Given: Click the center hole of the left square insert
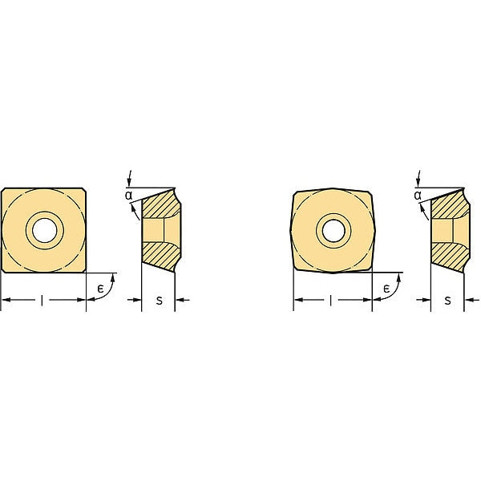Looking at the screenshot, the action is point(44,230).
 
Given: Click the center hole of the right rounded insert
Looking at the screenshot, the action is point(333,231).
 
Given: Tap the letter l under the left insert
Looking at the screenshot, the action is point(42,301).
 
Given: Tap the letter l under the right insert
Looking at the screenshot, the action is point(330,301).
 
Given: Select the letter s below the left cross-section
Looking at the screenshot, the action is point(159,301).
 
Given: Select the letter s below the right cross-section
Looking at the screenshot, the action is point(448,301).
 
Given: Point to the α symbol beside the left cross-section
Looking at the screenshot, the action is point(129,195).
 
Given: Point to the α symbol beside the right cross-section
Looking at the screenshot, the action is point(418,195).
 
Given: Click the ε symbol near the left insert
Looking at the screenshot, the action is point(100,289).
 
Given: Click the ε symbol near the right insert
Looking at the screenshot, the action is point(386,289).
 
